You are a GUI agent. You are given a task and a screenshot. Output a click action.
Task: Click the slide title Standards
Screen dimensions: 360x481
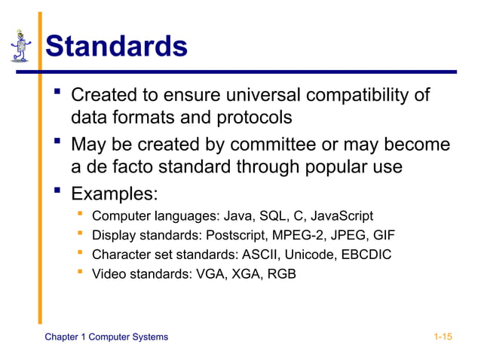[x=116, y=47]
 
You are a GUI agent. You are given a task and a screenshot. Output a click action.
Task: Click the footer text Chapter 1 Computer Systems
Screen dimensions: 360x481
[x=106, y=337]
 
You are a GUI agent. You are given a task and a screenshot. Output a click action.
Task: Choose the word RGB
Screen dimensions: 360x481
[x=281, y=274]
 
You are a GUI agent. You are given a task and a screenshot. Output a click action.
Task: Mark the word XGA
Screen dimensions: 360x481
[x=244, y=274]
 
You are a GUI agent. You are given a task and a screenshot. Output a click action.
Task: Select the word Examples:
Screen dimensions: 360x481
[x=114, y=194]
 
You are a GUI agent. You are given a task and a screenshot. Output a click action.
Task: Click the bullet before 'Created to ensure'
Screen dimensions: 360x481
[x=57, y=94]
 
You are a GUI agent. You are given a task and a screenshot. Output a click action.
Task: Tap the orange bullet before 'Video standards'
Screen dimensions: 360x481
[x=79, y=273]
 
